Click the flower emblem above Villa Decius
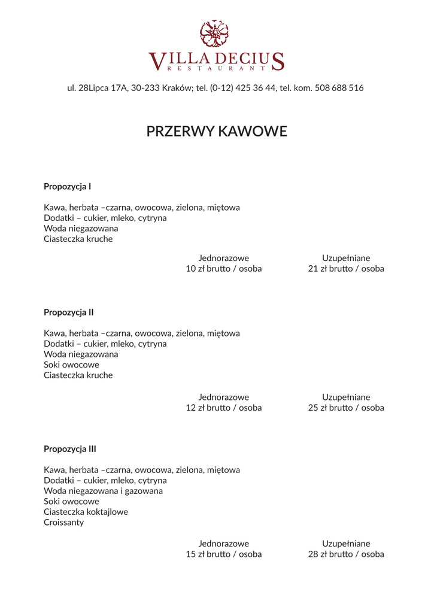[214, 34]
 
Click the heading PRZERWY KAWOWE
[217, 131]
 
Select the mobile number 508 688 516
[339, 88]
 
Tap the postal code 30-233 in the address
[145, 88]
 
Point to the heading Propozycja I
[67, 187]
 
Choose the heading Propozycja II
[68, 312]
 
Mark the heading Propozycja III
[70, 449]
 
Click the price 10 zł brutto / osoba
[224, 269]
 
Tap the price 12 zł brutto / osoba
[224, 408]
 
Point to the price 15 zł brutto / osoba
[224, 554]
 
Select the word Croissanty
[64, 523]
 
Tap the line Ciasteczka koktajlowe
[86, 512]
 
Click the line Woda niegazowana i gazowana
[103, 491]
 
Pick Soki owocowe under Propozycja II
[71, 365]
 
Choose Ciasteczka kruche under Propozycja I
[78, 239]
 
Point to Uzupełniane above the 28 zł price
[346, 544]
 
